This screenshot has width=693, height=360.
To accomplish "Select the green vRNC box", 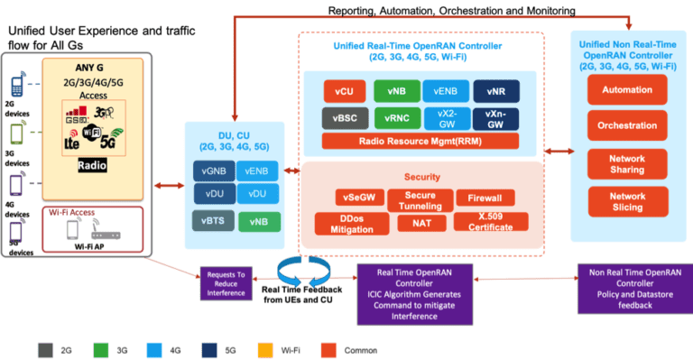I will pos(396,117).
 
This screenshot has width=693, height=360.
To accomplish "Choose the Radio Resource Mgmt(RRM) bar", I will pos(419,141).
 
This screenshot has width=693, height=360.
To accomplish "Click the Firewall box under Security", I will pos(485,198).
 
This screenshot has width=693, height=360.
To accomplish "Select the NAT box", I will pos(420,222).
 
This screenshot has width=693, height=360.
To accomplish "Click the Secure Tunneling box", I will pos(420,198).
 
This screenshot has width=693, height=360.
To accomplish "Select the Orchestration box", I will pos(626,127).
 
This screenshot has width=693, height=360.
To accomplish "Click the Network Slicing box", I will pos(626,201).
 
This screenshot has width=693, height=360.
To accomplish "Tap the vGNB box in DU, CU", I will pos(214,172).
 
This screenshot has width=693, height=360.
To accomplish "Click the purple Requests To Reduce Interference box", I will pos(227,281).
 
